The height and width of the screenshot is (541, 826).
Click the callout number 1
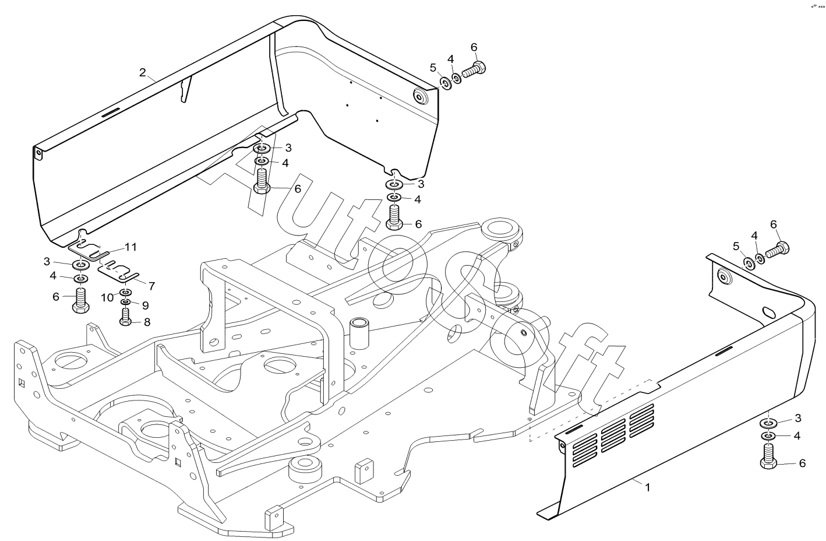pos(647,487)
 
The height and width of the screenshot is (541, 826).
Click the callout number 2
pos(143,73)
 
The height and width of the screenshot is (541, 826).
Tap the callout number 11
pos(130,247)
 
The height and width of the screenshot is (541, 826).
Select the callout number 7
pos(151,286)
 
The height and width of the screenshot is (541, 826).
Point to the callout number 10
pos(107,297)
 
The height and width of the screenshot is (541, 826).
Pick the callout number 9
pos(145,305)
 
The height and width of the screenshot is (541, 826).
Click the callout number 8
pos(147,322)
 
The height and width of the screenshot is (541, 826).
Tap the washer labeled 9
pos(125,303)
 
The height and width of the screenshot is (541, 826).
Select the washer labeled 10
pos(126,293)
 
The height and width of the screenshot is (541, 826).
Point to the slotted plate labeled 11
pos(90,250)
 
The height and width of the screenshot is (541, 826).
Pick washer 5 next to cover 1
pos(749,263)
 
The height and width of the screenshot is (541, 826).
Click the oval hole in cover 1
pos(760,312)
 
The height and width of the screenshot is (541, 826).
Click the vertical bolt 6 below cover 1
pos(769,457)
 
